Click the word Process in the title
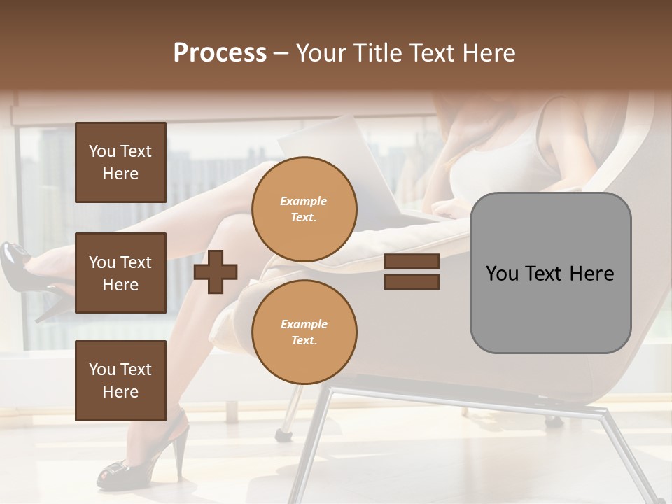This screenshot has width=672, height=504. click(220, 53)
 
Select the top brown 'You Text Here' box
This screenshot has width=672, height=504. click(120, 162)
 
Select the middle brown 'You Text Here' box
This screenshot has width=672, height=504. click(120, 273)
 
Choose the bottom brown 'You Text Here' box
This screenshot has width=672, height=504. click(120, 381)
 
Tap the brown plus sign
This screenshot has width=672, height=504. click(216, 271)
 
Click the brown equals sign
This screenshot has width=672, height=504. click(412, 272)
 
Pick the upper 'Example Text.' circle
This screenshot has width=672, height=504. click(304, 209)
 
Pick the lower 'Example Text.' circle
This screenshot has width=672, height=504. click(304, 332)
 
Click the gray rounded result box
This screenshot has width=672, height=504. click(550, 273)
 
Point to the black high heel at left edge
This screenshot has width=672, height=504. click(28, 273)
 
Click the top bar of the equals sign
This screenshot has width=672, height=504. click(412, 262)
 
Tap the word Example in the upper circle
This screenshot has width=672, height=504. click(303, 202)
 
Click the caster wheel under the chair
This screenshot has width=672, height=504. click(283, 435)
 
